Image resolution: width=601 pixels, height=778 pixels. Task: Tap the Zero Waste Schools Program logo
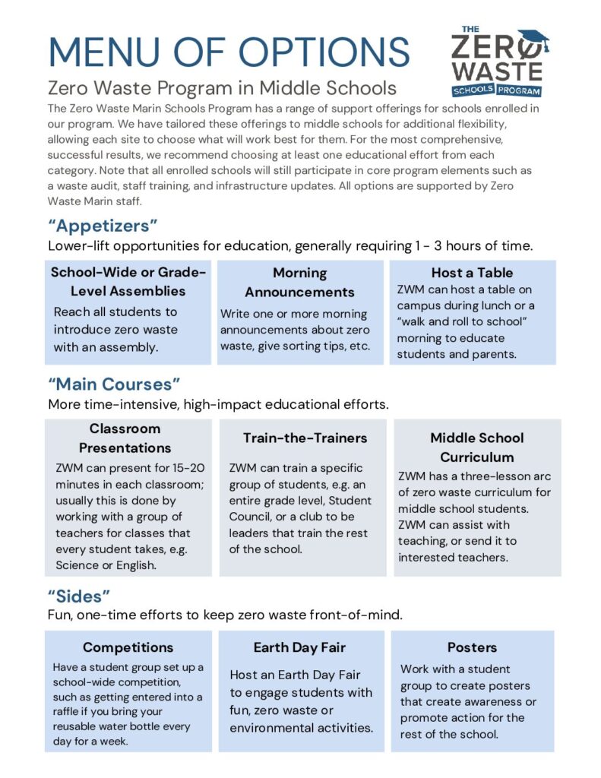pos(498,62)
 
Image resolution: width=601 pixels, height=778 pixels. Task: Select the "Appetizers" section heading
pos(103,226)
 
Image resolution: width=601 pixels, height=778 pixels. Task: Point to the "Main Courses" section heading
pos(115,384)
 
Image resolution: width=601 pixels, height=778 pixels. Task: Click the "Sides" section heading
pos(80,596)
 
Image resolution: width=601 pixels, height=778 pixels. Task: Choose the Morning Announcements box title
pos(299,282)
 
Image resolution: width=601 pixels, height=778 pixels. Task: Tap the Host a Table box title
pos(472,272)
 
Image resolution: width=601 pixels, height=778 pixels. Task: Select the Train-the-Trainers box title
pos(305,438)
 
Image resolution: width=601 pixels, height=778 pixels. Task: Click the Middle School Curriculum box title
pos(476,447)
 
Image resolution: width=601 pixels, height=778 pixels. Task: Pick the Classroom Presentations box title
pos(125,438)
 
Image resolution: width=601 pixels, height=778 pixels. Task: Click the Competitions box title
pos(128,647)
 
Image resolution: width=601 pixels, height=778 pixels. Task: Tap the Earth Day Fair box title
pos(299,647)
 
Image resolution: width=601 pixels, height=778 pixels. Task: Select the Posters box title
pos(472,647)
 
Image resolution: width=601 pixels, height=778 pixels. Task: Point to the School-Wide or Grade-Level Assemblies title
pos(128,281)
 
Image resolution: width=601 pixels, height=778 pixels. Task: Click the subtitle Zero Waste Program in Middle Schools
pos(222,87)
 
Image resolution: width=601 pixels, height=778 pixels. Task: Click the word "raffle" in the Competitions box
pos(70,712)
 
